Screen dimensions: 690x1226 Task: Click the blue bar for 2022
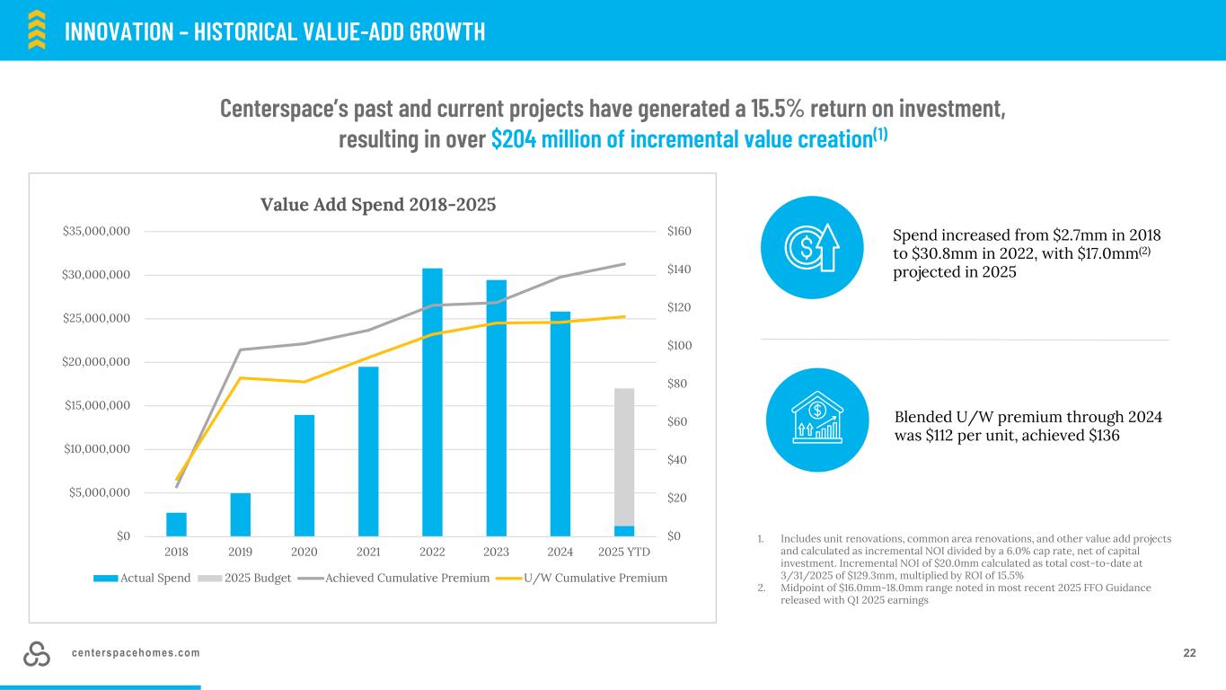432,402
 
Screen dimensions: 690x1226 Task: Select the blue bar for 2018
176,524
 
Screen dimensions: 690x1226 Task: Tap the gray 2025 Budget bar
624,456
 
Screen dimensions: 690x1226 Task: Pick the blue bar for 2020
304,475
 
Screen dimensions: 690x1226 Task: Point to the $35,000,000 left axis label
96,232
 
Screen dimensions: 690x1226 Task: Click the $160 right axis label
680,232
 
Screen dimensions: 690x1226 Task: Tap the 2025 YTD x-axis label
624,552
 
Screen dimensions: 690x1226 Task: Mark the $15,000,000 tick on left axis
96,405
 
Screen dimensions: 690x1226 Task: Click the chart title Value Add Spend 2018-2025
378,204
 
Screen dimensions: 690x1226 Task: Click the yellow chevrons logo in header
37,29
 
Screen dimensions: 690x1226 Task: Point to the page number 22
1189,653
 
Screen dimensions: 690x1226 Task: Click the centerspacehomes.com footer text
136,653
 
